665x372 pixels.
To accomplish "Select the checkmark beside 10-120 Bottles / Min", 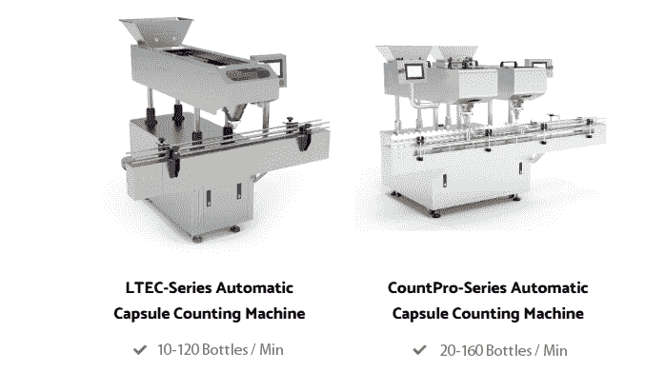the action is (x=140, y=350).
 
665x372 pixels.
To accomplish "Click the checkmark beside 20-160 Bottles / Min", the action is (x=419, y=350).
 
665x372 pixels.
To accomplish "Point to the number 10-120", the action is (x=178, y=350).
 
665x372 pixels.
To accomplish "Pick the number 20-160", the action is (x=461, y=351).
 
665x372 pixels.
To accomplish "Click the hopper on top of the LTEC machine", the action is (x=156, y=30).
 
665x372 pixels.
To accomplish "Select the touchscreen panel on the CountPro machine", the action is (x=413, y=71).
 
